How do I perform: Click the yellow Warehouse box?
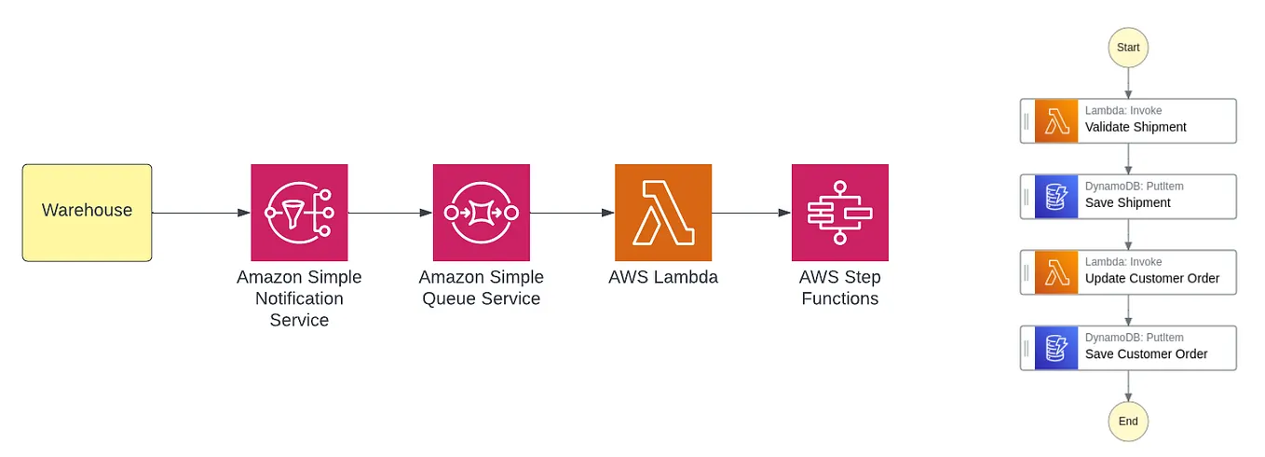pos(87,212)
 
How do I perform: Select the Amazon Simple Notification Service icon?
pos(299,213)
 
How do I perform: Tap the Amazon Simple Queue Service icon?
pos(481,213)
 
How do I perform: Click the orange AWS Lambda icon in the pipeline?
pos(662,213)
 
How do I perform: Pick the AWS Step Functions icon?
pos(839,213)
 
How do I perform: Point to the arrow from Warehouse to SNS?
pos(200,213)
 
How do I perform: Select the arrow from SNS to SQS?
pos(389,213)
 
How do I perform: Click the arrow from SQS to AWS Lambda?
pos(571,213)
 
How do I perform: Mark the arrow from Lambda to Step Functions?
pos(751,213)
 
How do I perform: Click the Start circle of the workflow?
pos(1128,48)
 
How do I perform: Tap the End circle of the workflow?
pos(1128,422)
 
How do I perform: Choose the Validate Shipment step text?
pos(1136,127)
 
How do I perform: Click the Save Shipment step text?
pos(1127,202)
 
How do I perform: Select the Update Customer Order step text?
pos(1151,278)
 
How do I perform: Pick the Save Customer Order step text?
pos(1146,353)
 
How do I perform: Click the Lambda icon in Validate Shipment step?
pos(1055,121)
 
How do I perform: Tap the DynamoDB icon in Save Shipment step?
pos(1055,197)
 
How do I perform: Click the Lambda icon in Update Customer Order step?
pos(1055,272)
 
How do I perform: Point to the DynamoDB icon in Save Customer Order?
pos(1055,348)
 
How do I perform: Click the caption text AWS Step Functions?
pos(839,288)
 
